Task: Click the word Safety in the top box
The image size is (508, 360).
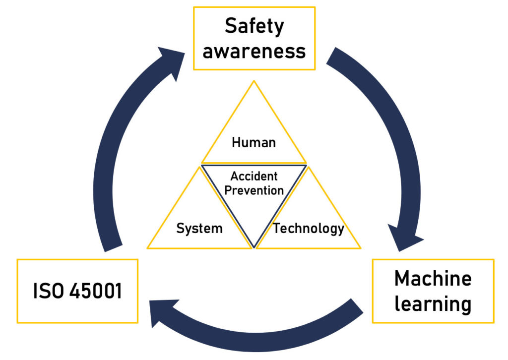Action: pos(254,26)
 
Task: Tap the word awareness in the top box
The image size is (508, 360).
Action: pos(254,51)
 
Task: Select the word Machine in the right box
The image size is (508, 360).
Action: pos(433,279)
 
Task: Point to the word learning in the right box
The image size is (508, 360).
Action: pos(433,303)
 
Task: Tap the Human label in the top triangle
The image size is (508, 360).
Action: pos(254,143)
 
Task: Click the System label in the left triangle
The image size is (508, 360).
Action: pos(199,229)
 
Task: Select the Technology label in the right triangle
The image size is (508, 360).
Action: pos(309,229)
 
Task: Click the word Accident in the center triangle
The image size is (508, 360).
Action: pos(254,177)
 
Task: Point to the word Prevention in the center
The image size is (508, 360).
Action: pos(254,190)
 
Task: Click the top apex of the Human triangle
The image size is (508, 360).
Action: pos(254,81)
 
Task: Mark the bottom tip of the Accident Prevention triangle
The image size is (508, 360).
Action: pos(254,247)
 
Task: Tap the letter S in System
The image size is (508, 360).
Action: pos(180,229)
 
